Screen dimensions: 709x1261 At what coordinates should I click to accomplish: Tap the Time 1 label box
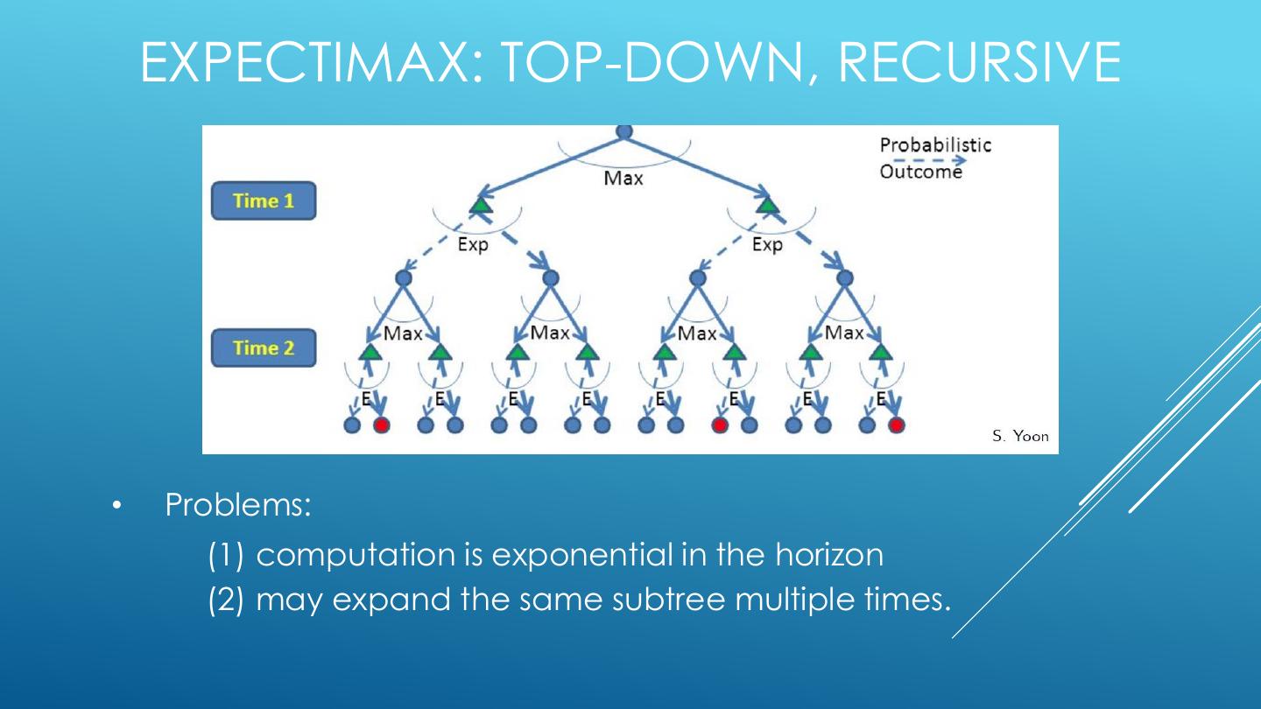pos(263,201)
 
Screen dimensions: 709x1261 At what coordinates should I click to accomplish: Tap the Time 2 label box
pos(263,348)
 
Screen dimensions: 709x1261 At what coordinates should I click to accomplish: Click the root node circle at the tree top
pos(624,131)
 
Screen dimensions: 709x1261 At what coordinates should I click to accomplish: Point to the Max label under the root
pos(623,179)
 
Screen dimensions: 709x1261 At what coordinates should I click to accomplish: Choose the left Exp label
pos(473,245)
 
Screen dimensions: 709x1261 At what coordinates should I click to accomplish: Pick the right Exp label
pos(767,245)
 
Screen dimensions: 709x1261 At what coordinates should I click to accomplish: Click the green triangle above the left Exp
pos(479,206)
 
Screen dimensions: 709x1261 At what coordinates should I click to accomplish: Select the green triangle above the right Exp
pos(768,206)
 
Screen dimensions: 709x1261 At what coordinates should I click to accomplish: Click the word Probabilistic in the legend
pos(935,145)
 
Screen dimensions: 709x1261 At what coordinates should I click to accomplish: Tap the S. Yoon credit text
pos(1020,436)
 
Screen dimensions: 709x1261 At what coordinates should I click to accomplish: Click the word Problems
pos(237,506)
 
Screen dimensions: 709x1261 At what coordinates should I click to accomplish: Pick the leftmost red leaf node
pos(381,425)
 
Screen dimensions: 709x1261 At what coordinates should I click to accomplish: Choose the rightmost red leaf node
pos(896,425)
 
